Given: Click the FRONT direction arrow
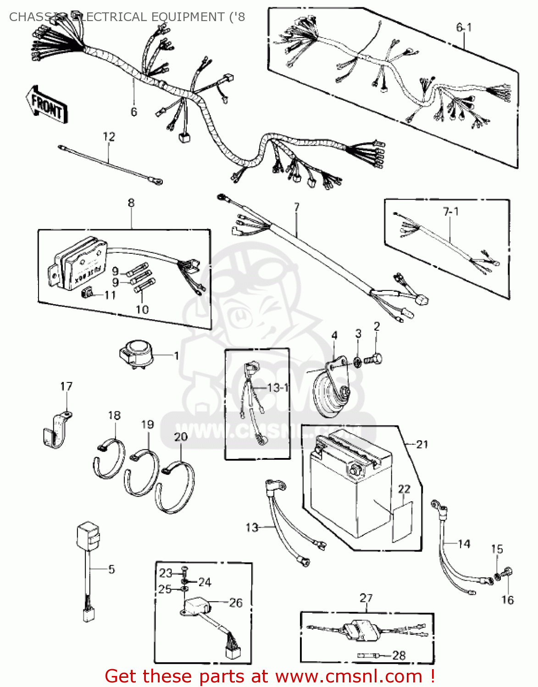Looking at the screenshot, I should (x=47, y=104).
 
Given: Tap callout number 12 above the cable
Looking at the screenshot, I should (x=109, y=136).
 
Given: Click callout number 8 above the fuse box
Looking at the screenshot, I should (x=131, y=203).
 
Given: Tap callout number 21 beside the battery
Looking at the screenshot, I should (x=422, y=444).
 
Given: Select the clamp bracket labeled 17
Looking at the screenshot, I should (x=55, y=431).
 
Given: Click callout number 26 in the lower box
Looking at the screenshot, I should (x=236, y=603).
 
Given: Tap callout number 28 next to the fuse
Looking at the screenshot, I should (x=399, y=655).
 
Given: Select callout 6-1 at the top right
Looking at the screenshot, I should (x=464, y=27).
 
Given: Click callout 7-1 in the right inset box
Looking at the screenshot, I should (x=450, y=212).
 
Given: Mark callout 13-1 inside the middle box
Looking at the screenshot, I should (x=277, y=387).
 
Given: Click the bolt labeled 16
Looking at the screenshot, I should (x=508, y=572).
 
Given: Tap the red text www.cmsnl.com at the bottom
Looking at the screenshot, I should (x=349, y=676).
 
